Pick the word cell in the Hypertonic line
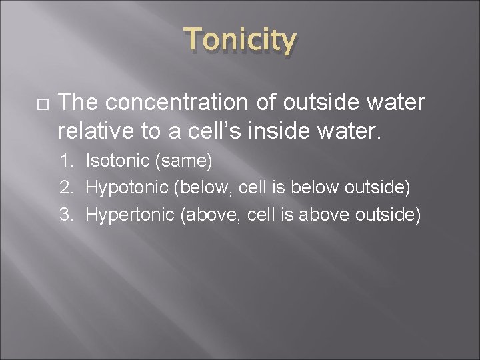(x=255, y=215)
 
